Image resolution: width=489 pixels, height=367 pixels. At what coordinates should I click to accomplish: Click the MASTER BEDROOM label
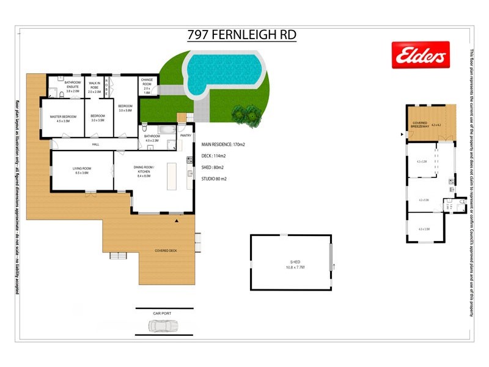click(x=63, y=118)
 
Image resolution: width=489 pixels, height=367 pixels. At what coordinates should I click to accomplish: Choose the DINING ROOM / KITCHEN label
click(x=145, y=170)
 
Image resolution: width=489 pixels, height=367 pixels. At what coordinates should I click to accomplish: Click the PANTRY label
click(x=186, y=135)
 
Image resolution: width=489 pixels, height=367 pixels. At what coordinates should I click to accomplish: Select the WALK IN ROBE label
click(x=94, y=85)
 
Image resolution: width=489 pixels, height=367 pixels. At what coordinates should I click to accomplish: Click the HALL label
click(x=95, y=144)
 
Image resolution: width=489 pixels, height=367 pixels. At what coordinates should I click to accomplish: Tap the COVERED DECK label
click(x=165, y=251)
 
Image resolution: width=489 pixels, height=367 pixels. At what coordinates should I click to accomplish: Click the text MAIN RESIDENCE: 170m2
click(x=222, y=145)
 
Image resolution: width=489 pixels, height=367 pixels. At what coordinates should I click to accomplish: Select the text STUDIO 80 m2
click(x=214, y=179)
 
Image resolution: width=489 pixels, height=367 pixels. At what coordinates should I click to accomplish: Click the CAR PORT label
click(x=162, y=313)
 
